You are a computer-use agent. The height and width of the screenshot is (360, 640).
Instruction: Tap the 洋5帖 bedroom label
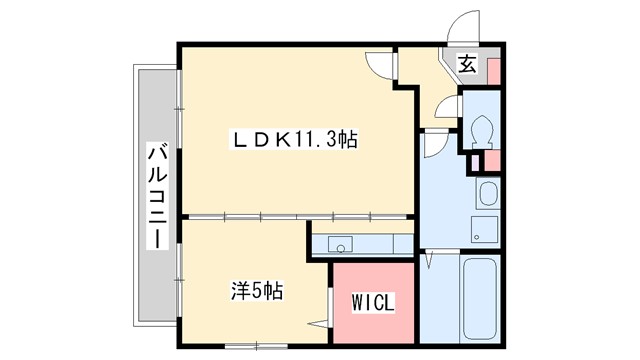point(257,292)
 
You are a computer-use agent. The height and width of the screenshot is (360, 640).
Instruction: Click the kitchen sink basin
point(341,245)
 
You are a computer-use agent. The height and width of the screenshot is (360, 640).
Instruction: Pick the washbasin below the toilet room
point(487,192)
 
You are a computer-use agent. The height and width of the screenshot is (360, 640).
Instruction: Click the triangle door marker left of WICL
point(320,322)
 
